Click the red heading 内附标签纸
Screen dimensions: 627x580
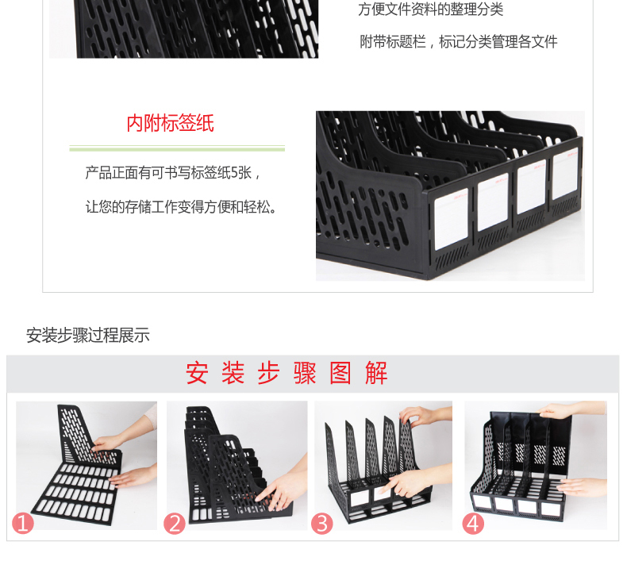[170, 123]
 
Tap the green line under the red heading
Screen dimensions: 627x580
[177, 148]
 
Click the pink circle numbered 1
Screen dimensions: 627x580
[23, 523]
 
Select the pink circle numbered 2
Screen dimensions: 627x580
[175, 524]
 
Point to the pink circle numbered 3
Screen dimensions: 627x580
[322, 524]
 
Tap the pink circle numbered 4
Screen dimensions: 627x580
[473, 524]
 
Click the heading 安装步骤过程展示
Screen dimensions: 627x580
[88, 335]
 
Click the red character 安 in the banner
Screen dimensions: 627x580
[197, 373]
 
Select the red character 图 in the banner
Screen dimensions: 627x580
[340, 373]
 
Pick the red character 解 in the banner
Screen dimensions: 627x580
[376, 373]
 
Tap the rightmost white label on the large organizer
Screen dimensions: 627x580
[565, 174]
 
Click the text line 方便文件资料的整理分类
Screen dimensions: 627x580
[430, 10]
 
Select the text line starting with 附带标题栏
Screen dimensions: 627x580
[458, 41]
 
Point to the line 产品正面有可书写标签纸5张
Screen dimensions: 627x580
[173, 173]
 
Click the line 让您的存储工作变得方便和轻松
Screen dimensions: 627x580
[181, 206]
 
